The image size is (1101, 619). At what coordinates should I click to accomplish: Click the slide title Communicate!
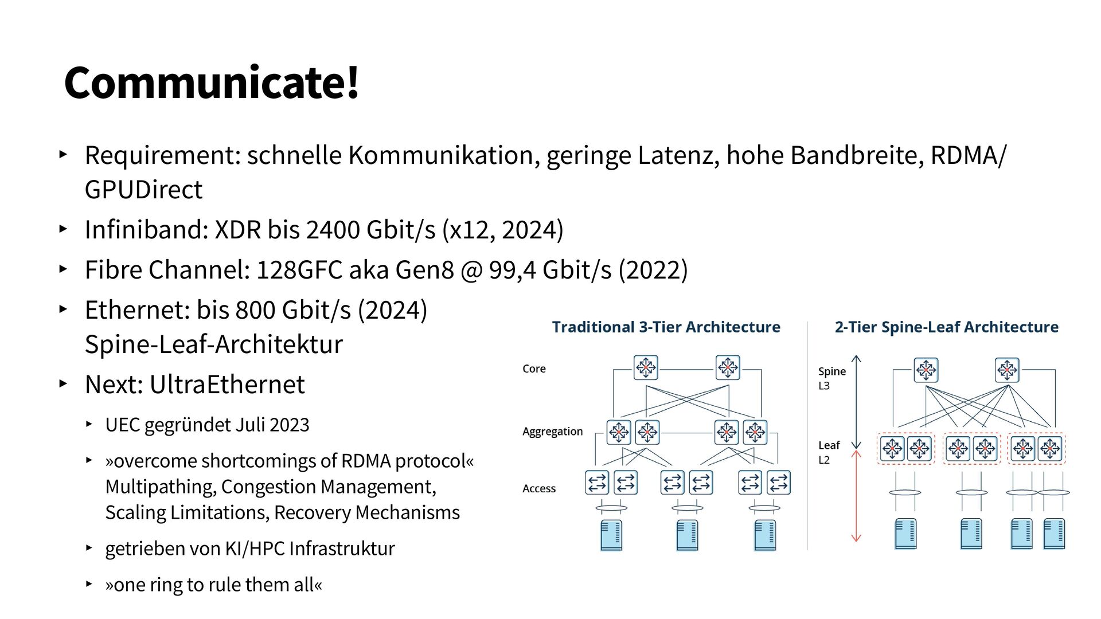(x=212, y=83)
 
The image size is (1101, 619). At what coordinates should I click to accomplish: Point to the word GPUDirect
(x=143, y=190)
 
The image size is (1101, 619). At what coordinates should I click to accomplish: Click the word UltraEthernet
(x=227, y=385)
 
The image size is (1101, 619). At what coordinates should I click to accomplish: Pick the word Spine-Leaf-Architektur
(x=213, y=344)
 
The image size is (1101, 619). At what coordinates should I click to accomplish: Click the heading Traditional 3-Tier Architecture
(x=666, y=327)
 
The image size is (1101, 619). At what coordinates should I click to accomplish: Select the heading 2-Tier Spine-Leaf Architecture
(x=946, y=327)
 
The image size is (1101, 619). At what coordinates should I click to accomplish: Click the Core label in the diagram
(x=534, y=369)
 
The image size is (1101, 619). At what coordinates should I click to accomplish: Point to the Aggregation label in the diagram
(x=552, y=432)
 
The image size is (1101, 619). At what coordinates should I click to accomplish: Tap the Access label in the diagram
(x=539, y=489)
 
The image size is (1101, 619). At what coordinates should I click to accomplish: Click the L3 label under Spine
(x=824, y=386)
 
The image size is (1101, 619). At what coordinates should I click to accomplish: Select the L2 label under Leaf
(x=824, y=460)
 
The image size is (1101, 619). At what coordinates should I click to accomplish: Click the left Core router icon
(x=646, y=367)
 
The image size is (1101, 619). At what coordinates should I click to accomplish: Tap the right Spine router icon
(x=1007, y=370)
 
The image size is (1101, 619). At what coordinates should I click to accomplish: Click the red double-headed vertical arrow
(x=856, y=496)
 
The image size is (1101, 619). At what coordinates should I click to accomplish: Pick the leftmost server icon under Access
(x=611, y=535)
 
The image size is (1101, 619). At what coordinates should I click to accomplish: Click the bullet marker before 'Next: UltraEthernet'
(x=63, y=383)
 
